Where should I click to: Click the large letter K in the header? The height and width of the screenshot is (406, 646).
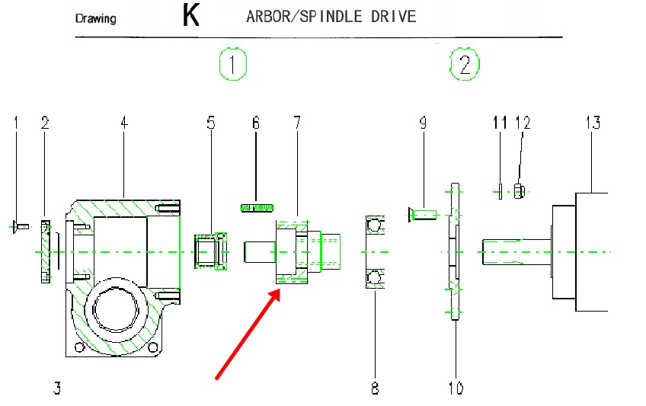tap(190, 16)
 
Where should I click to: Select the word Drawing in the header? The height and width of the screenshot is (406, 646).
tap(96, 18)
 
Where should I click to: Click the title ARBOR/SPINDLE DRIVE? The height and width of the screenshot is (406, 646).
tap(331, 17)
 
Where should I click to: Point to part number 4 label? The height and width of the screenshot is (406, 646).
tap(123, 123)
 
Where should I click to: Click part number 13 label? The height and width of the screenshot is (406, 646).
tap(593, 123)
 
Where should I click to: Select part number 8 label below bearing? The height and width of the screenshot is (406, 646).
tap(375, 388)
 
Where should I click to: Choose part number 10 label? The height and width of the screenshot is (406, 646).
tap(456, 388)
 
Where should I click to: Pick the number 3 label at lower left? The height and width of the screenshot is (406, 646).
tap(57, 388)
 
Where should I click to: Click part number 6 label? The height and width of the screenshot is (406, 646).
tap(256, 123)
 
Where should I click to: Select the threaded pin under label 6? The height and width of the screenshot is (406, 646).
tap(257, 207)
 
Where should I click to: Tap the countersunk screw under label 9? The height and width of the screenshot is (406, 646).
tap(421, 216)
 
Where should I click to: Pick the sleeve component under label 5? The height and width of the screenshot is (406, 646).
tap(211, 251)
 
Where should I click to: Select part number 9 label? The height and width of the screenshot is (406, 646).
tap(422, 123)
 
